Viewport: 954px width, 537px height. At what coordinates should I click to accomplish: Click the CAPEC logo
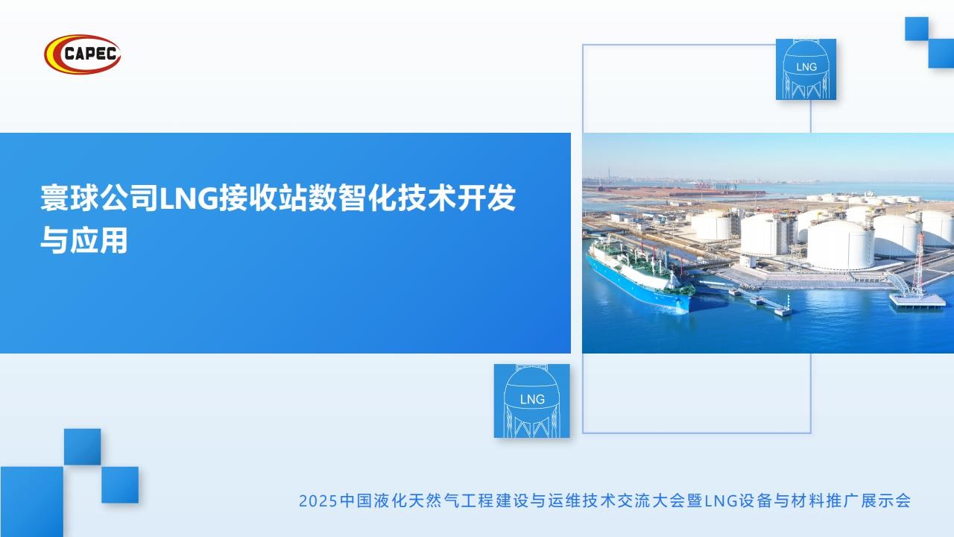[x=83, y=54]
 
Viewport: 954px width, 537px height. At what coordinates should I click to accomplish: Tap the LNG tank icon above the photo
[x=806, y=69]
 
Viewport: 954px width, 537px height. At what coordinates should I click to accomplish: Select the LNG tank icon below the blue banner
[x=531, y=401]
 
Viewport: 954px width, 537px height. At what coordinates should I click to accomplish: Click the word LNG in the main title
[x=189, y=199]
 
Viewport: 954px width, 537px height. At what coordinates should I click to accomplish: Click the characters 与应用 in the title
[x=84, y=240]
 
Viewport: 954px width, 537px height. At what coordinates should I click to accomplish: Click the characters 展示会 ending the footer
[x=885, y=501]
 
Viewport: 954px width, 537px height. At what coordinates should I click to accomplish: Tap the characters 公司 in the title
[x=130, y=198]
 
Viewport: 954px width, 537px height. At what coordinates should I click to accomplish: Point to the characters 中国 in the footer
[x=356, y=501]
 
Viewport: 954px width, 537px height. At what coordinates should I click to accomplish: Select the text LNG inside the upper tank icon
[x=806, y=67]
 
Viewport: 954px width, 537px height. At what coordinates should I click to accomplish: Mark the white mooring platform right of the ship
[x=917, y=301]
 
